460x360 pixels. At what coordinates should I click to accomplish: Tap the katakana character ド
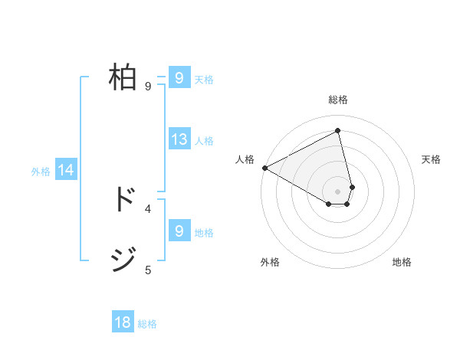(x=123, y=199)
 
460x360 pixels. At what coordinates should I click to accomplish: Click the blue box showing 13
(x=179, y=139)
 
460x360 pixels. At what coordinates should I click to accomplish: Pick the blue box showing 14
(x=66, y=171)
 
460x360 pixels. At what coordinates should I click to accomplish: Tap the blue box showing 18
(x=123, y=322)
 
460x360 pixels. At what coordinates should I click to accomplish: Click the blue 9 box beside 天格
(x=179, y=78)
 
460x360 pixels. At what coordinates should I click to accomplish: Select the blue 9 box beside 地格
(x=179, y=231)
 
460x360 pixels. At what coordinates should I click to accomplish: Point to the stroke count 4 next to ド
(x=148, y=208)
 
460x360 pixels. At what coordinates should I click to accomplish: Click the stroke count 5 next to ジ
(x=148, y=270)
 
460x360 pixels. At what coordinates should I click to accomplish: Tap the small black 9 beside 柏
(x=148, y=87)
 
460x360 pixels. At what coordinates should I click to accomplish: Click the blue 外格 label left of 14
(x=41, y=172)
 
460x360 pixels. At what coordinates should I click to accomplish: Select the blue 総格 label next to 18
(x=147, y=324)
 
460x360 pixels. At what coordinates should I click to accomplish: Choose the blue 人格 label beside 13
(x=204, y=141)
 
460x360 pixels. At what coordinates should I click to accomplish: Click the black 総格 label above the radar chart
(x=338, y=100)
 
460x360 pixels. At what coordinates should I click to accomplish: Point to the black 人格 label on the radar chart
(x=245, y=159)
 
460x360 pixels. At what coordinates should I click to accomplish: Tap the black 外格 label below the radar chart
(x=270, y=262)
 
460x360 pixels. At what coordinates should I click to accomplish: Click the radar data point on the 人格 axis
(x=264, y=168)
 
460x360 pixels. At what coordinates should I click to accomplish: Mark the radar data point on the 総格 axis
(x=338, y=131)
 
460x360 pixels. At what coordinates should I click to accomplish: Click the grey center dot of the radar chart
(x=338, y=191)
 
